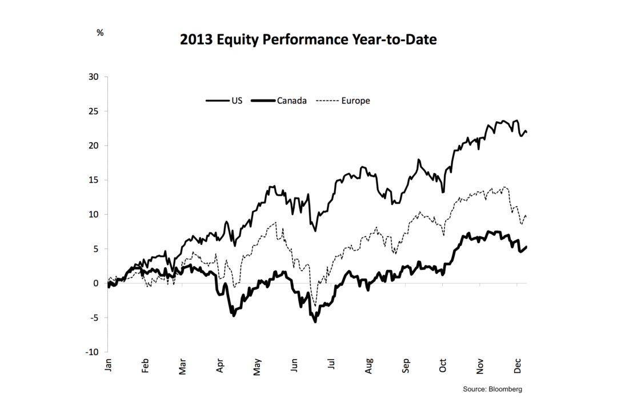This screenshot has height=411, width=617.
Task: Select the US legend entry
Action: point(237,100)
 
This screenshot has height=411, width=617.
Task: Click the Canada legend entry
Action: point(292,100)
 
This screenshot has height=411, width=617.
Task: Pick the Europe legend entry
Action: point(355,100)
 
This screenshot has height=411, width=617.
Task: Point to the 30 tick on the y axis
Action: point(94,76)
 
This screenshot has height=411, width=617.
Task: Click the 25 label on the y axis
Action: point(94,111)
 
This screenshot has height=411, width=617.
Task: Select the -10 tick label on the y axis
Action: point(92,352)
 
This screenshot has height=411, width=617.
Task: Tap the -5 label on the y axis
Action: point(94,318)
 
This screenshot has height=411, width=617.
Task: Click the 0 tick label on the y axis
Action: point(97,283)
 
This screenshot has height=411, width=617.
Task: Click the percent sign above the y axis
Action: point(100,33)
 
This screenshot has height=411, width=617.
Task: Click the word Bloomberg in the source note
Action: point(506,389)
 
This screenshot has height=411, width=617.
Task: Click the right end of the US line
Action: point(526,132)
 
